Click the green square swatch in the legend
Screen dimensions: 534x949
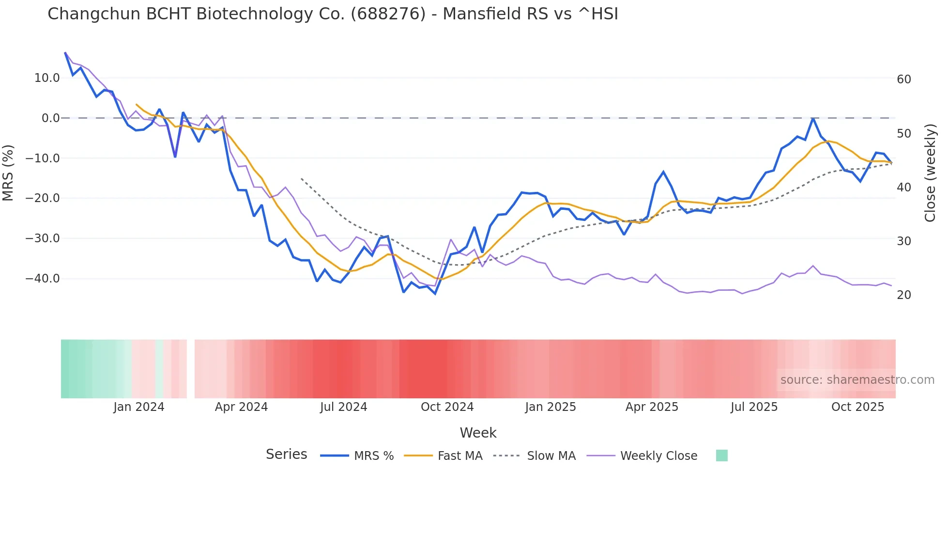(x=721, y=455)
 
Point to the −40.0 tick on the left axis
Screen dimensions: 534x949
(x=43, y=279)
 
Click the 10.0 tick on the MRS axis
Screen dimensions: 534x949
(x=47, y=78)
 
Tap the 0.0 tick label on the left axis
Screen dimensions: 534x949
(x=50, y=118)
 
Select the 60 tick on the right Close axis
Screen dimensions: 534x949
(x=903, y=79)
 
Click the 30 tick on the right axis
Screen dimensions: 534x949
(x=903, y=241)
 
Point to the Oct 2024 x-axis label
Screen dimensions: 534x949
(x=447, y=407)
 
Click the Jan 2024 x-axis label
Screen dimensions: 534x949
(x=139, y=407)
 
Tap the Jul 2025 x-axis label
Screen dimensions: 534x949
(x=754, y=407)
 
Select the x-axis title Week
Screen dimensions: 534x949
(x=478, y=433)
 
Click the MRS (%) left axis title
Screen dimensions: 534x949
(x=8, y=173)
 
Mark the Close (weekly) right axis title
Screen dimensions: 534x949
(x=930, y=173)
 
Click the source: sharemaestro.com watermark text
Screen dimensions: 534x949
(x=857, y=380)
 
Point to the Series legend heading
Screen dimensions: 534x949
(x=286, y=455)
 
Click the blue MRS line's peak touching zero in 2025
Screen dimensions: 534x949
(x=813, y=118)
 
